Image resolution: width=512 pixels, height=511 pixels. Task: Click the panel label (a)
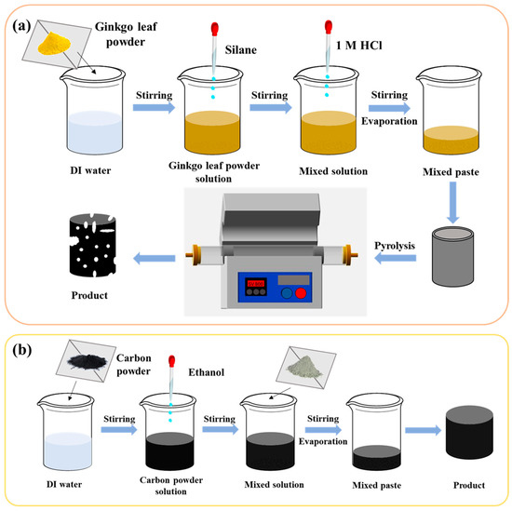pos(26,26)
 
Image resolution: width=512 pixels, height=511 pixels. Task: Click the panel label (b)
pos(26,353)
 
